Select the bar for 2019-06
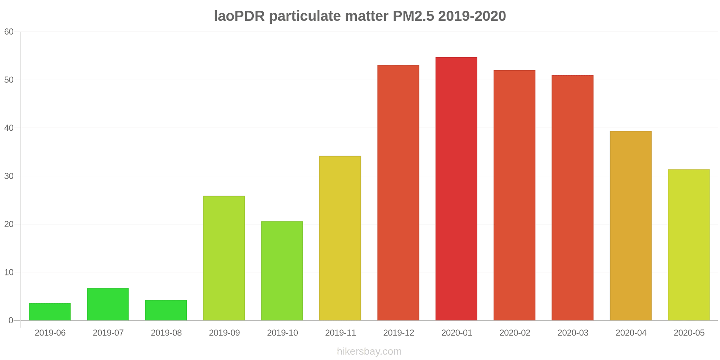(x=50, y=312)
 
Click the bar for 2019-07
(x=108, y=304)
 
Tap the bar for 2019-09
(x=224, y=258)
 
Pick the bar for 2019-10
(x=282, y=271)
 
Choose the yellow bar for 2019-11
(x=340, y=238)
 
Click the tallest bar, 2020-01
(x=456, y=189)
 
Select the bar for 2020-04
(x=630, y=226)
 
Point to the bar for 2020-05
(x=689, y=245)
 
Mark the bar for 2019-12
(x=398, y=193)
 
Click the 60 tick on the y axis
(x=9, y=32)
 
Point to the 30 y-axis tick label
(x=9, y=176)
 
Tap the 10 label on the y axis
(x=9, y=273)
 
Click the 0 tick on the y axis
(x=11, y=320)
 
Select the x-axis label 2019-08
(x=166, y=333)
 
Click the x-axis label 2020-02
(x=515, y=333)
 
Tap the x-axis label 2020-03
(x=573, y=333)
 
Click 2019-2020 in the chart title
(x=472, y=17)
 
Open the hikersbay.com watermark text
(x=369, y=351)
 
